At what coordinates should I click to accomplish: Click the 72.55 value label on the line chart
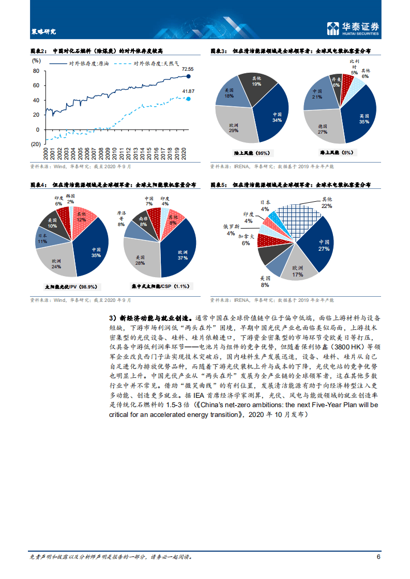pos(187,69)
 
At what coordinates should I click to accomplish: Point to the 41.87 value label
pos(188,91)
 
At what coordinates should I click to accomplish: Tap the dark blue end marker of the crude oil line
pos(188,76)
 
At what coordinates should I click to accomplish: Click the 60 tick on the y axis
pos(36,85)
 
